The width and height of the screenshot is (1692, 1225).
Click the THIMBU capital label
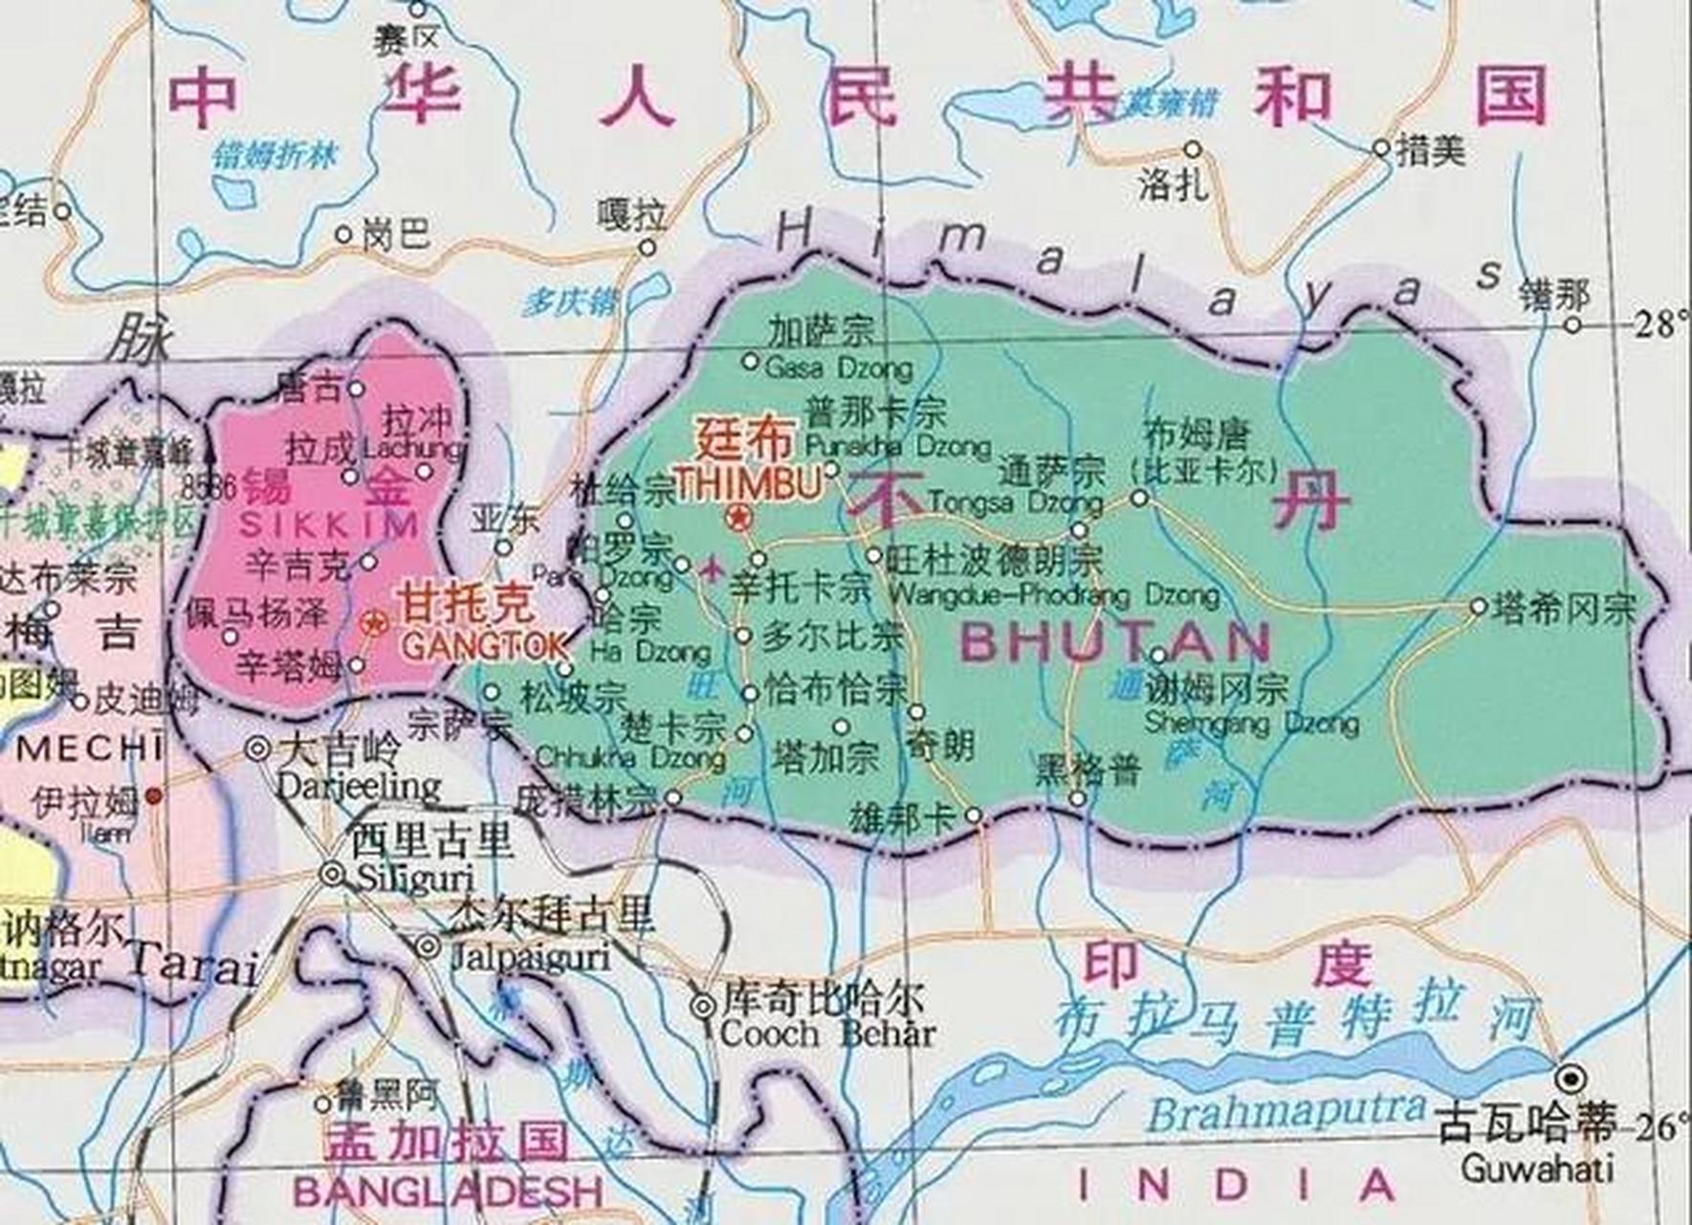click(749, 484)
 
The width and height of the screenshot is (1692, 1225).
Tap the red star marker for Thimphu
click(739, 519)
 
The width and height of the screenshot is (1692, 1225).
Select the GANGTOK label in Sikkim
click(484, 647)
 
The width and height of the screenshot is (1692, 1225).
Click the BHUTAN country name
click(1115, 642)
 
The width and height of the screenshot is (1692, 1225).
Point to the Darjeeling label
click(358, 787)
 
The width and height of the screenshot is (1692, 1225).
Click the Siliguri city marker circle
click(332, 874)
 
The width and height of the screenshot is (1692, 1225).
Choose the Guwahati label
click(1537, 1169)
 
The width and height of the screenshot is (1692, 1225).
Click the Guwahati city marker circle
click(1570, 1080)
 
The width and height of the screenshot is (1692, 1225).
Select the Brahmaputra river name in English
click(1285, 1113)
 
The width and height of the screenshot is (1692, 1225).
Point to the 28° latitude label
click(1659, 325)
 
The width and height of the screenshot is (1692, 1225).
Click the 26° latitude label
click(1659, 1128)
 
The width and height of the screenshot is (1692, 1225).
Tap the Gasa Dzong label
click(839, 367)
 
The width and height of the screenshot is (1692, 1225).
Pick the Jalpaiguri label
click(530, 957)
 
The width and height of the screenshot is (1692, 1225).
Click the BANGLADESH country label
click(448, 1192)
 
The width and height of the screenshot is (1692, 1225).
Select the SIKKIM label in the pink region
click(328, 524)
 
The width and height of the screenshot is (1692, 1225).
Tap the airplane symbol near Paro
click(712, 569)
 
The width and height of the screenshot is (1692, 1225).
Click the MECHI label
click(90, 748)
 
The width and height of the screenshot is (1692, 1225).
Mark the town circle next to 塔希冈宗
click(1479, 607)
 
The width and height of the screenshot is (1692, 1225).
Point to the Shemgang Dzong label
click(1251, 723)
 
